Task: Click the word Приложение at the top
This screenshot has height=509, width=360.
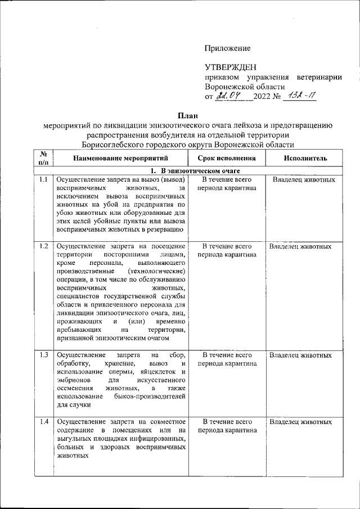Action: pyautogui.click(x=227, y=49)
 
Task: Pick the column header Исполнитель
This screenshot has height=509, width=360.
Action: pyautogui.click(x=305, y=159)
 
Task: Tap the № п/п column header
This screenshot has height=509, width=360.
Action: pyautogui.click(x=43, y=158)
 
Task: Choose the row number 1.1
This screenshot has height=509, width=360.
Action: pyautogui.click(x=43, y=180)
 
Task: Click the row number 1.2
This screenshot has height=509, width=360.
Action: pyautogui.click(x=43, y=246)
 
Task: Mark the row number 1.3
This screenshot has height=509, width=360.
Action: pyautogui.click(x=43, y=355)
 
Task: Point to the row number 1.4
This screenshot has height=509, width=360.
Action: pyautogui.click(x=43, y=421)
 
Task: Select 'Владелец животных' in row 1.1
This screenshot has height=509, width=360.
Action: pyautogui.click(x=304, y=180)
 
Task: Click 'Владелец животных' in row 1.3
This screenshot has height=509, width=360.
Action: pyautogui.click(x=300, y=355)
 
